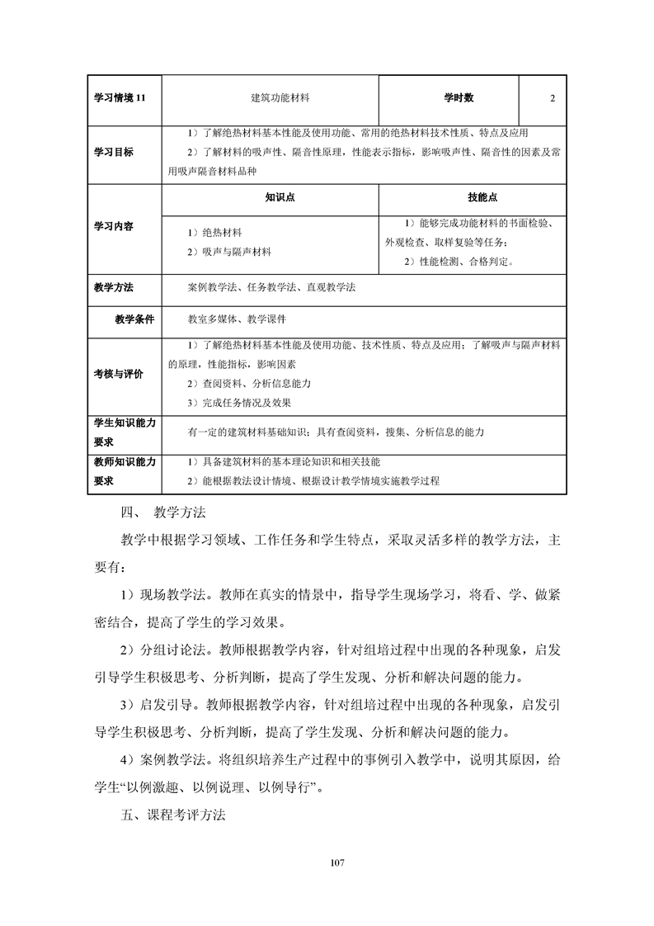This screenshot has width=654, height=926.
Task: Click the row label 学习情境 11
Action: pos(120,98)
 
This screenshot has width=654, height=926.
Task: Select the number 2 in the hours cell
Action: pos(552,98)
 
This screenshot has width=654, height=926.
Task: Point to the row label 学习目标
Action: pos(114,153)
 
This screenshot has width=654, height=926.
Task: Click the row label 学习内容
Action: pos(114,226)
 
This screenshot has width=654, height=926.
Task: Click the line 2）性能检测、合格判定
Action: pos(459,262)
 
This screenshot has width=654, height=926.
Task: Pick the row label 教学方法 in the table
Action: pos(114,288)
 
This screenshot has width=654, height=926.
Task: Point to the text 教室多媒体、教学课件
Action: pos(238,319)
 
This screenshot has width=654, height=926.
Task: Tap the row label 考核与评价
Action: pos(118,374)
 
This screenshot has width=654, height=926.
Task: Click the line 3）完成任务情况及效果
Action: pos(239,403)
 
